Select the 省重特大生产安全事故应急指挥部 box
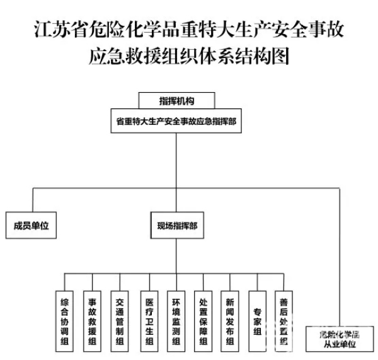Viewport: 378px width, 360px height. click(176, 120)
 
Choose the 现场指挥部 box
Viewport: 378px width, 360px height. click(176, 225)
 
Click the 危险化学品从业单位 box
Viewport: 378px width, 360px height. click(338, 339)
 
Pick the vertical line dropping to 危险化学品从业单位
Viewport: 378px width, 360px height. click(340, 258)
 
